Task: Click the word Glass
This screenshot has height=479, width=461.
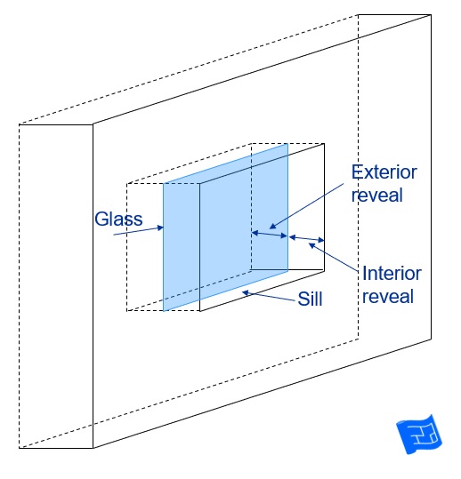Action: pyautogui.click(x=118, y=219)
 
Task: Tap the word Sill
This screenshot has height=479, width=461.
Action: pyautogui.click(x=311, y=299)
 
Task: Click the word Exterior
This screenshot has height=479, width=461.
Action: pyautogui.click(x=384, y=172)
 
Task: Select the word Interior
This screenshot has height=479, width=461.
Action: pyautogui.click(x=392, y=273)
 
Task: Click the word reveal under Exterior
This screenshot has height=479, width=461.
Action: pyautogui.click(x=376, y=195)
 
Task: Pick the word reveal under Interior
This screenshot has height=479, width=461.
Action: pyautogui.click(x=388, y=296)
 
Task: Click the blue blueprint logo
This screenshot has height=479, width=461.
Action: pyautogui.click(x=419, y=434)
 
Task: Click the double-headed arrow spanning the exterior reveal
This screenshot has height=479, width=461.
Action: pyautogui.click(x=270, y=235)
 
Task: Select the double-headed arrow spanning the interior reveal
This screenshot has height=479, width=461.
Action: pyautogui.click(x=306, y=238)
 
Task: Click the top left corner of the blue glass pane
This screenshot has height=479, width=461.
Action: pyautogui.click(x=164, y=183)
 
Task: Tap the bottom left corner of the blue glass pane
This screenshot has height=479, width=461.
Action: pyautogui.click(x=164, y=311)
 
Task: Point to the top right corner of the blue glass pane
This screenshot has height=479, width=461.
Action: pyautogui.click(x=287, y=144)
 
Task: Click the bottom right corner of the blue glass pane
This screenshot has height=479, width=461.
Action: pyautogui.click(x=287, y=271)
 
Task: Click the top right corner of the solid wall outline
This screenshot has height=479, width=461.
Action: pyautogui.click(x=432, y=14)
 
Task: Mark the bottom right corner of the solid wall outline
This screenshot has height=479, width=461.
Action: pyautogui.click(x=432, y=339)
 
